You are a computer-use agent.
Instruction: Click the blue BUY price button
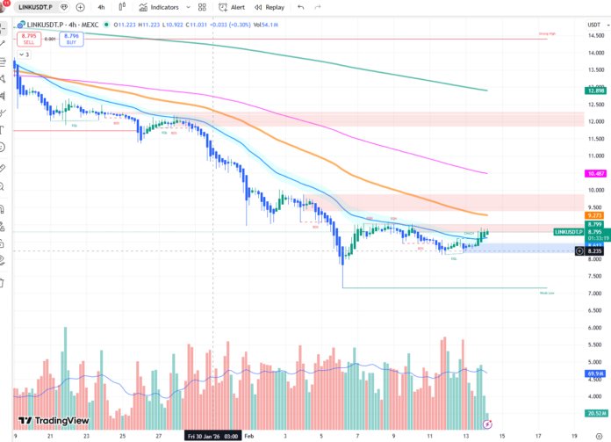pos(72,38)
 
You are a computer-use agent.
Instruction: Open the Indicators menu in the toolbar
pos(159,7)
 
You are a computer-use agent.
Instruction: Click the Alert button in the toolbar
pos(232,7)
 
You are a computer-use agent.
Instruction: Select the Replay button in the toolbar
pos(270,7)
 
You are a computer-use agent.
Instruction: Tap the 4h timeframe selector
pos(101,7)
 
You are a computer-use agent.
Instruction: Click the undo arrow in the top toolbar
pos(300,7)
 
